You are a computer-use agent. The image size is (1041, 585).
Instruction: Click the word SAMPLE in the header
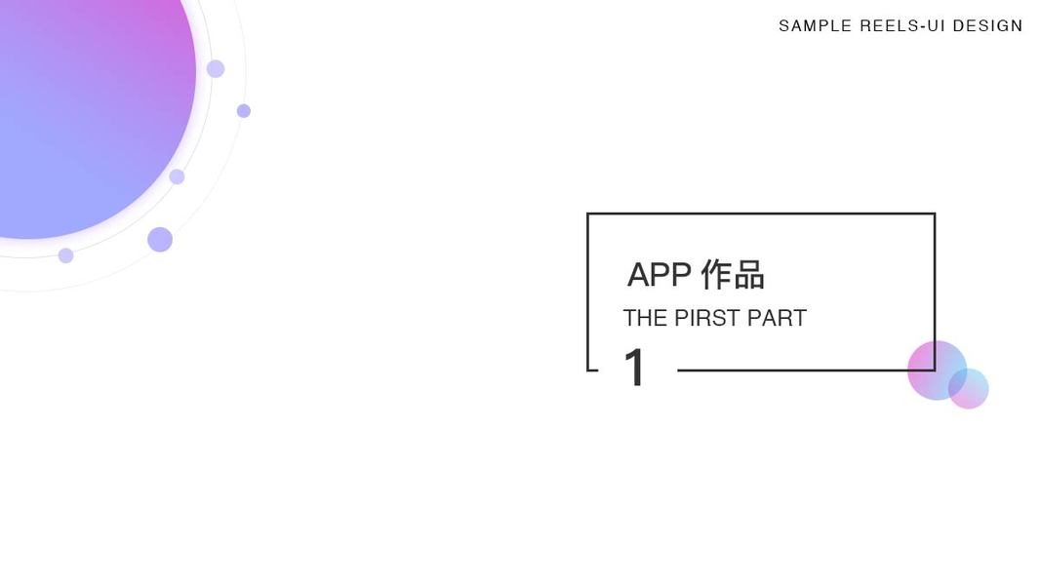(815, 26)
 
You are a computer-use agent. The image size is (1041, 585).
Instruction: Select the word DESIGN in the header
(987, 26)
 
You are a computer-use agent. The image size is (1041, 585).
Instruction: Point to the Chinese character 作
(716, 275)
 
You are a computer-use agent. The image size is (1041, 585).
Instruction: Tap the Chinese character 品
(749, 275)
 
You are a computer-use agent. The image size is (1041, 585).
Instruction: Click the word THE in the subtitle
(645, 319)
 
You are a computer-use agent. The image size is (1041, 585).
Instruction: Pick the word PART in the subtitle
(777, 319)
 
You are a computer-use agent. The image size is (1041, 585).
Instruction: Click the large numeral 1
(635, 369)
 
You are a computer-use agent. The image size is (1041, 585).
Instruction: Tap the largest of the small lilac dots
(160, 240)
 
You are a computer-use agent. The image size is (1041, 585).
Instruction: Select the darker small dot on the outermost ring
(244, 111)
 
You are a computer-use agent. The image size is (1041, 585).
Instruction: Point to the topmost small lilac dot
(216, 69)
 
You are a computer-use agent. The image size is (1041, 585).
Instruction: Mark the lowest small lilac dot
(65, 255)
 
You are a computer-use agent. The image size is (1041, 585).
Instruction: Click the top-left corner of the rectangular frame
(588, 214)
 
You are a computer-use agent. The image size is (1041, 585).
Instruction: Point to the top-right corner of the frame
(934, 214)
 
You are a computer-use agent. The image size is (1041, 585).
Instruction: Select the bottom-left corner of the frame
(588, 370)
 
